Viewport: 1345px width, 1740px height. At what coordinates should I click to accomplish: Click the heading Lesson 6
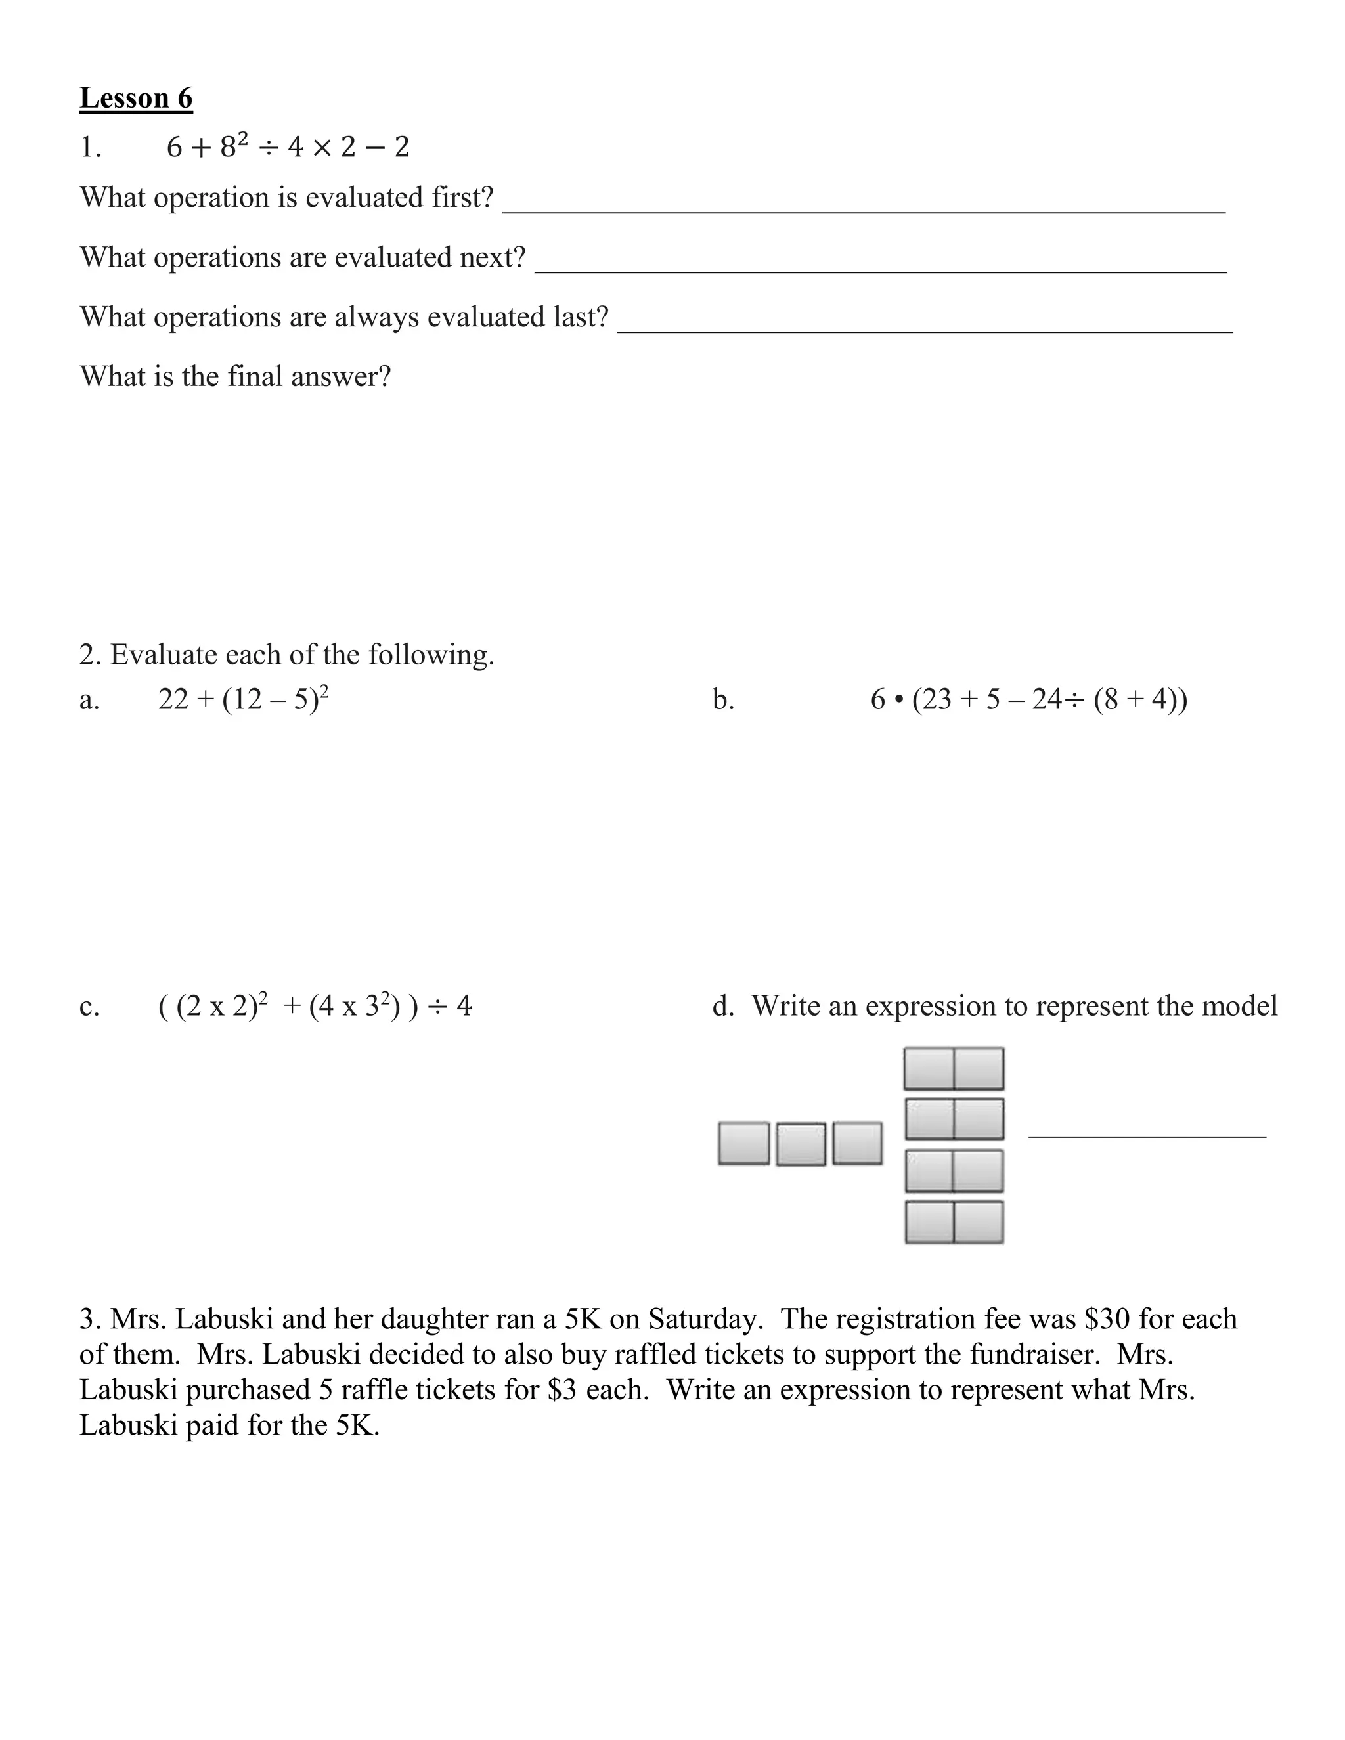[x=135, y=98]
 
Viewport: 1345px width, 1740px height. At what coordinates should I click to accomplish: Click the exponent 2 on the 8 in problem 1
[x=243, y=139]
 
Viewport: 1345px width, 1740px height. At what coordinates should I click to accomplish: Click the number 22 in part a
[x=173, y=699]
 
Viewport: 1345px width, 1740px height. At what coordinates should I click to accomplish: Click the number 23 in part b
[x=937, y=699]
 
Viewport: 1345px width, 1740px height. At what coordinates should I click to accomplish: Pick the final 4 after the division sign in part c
[x=464, y=1006]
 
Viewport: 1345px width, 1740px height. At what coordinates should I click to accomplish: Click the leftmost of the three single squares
[x=743, y=1143]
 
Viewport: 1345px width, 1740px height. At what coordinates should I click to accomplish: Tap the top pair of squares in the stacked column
[x=953, y=1068]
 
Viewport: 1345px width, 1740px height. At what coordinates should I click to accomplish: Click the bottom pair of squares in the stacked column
[x=953, y=1222]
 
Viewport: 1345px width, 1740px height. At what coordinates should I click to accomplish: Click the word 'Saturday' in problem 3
[x=703, y=1319]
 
